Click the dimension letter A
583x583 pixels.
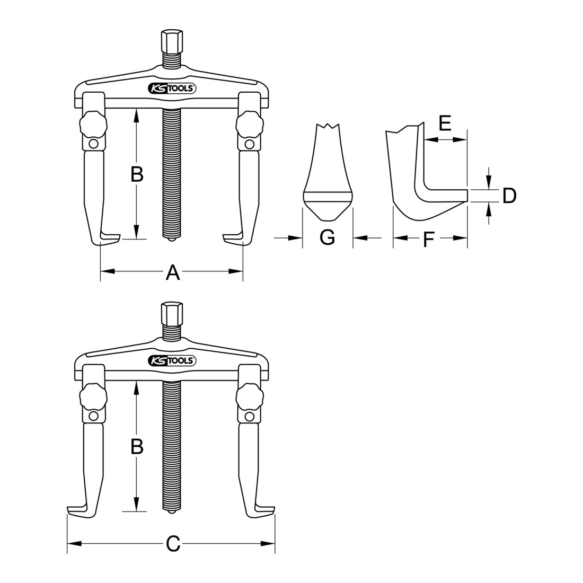(173, 272)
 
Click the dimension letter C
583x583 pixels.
(173, 544)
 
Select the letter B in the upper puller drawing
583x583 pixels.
(137, 174)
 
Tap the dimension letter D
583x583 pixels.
(509, 196)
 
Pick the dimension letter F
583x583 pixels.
(429, 240)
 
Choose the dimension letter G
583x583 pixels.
(327, 237)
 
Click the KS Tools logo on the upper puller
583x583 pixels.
(172, 89)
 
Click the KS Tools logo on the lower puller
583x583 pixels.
(172, 360)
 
